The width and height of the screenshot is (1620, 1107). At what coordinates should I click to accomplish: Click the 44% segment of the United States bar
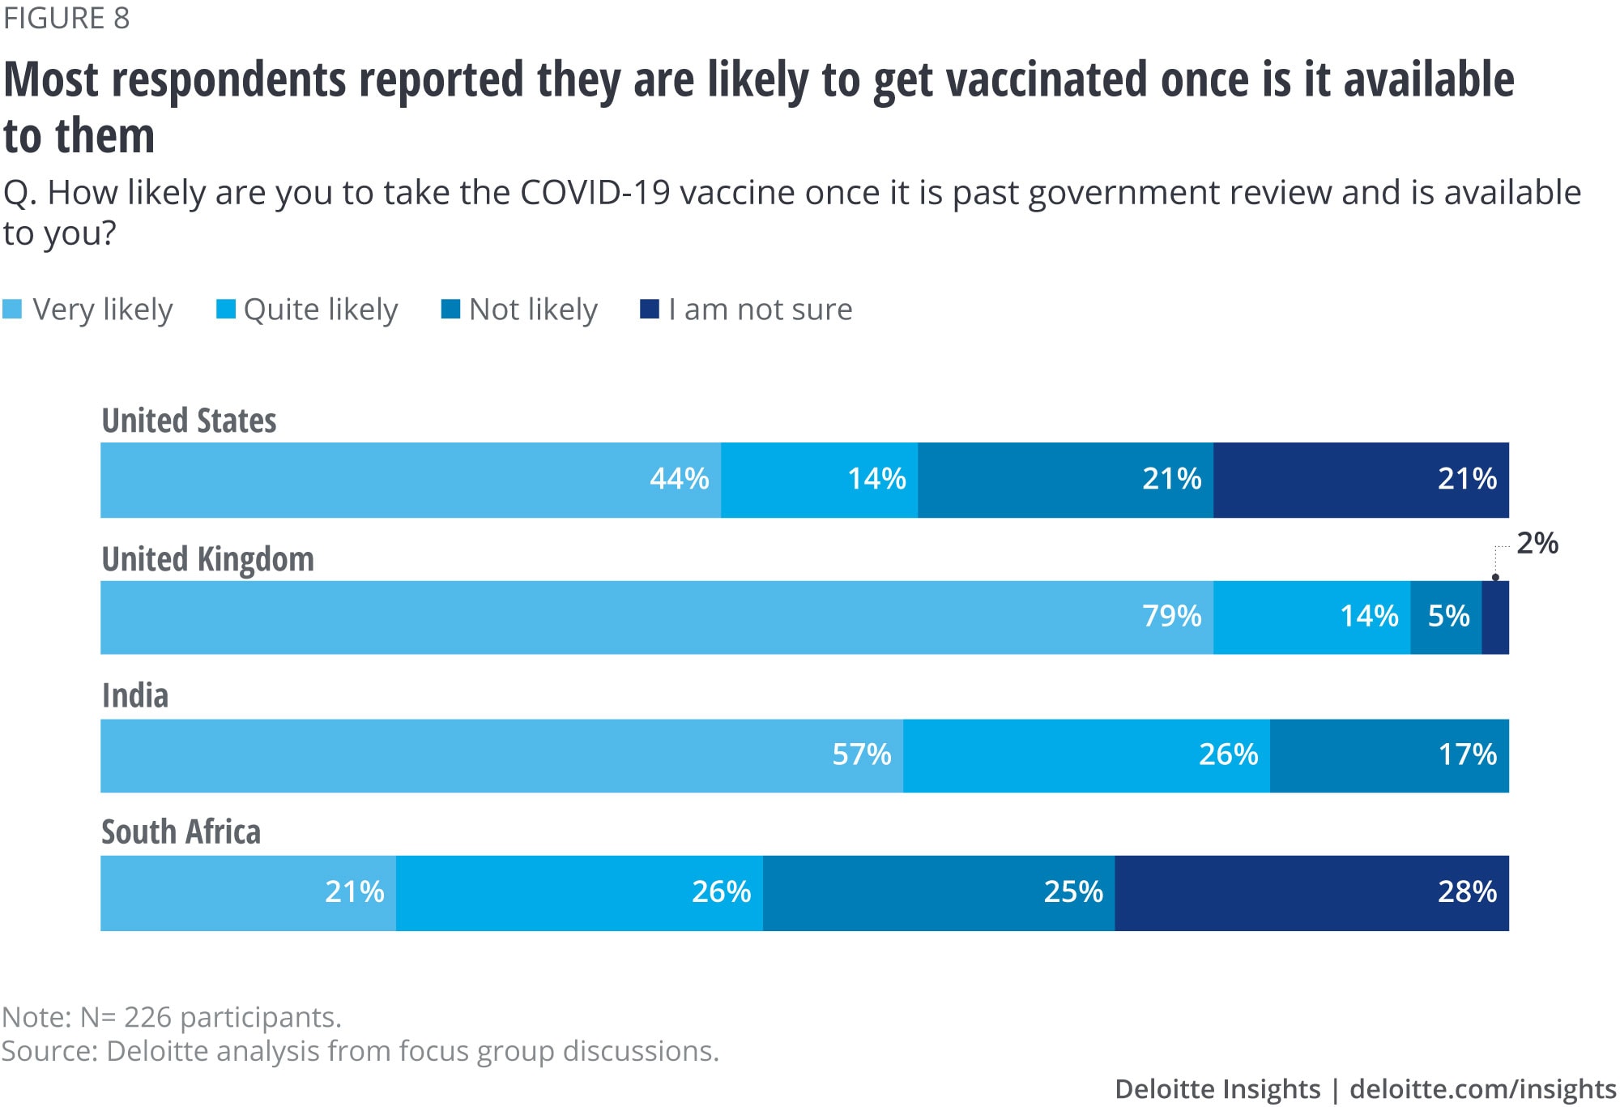click(411, 480)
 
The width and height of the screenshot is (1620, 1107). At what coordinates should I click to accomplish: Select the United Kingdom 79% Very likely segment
click(656, 618)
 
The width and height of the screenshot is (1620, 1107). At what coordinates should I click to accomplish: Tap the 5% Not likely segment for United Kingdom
click(1447, 618)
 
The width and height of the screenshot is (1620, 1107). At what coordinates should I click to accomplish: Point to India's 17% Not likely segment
click(1389, 755)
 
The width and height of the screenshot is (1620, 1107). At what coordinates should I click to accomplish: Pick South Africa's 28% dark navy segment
click(1312, 893)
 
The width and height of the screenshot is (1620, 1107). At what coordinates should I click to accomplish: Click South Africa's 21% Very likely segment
click(248, 893)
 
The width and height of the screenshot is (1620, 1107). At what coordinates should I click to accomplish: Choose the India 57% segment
click(501, 755)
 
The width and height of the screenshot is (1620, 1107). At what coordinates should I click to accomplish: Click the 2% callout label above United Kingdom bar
click(1537, 544)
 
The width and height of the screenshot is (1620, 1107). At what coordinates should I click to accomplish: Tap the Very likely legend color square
click(12, 310)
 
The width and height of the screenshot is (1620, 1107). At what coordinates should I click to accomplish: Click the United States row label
click(189, 421)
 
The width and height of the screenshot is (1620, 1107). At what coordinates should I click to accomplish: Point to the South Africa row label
click(181, 832)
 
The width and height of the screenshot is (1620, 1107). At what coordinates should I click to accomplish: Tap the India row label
click(135, 696)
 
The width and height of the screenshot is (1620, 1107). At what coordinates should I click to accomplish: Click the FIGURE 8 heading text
click(66, 19)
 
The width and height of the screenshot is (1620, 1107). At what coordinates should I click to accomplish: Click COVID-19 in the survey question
click(595, 194)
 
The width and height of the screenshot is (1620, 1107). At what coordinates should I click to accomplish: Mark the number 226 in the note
click(147, 1017)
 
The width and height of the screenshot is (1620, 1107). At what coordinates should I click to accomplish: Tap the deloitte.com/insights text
click(1482, 1089)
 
